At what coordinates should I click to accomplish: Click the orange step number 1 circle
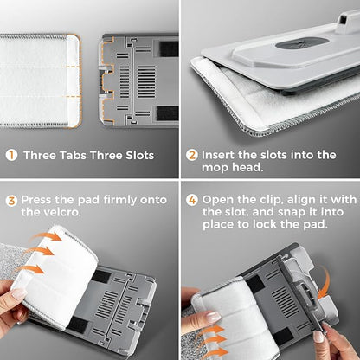tap(12, 155)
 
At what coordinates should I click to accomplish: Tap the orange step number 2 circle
tap(192, 155)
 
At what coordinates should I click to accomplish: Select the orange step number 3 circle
tap(12, 201)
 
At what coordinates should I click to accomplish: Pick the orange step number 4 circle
tap(192, 200)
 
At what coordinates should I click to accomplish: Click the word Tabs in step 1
tap(73, 155)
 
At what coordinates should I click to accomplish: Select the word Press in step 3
tap(36, 200)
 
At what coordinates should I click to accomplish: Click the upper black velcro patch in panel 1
tap(169, 48)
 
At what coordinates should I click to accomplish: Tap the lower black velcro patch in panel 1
tap(167, 113)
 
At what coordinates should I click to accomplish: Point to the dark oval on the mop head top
tap(302, 43)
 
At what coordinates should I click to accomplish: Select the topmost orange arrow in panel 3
tap(46, 237)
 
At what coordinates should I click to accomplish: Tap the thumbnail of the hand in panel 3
tap(19, 293)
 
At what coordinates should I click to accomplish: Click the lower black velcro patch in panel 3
tap(78, 325)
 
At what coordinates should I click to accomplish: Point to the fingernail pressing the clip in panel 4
tap(318, 337)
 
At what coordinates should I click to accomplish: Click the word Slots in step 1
tap(139, 155)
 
